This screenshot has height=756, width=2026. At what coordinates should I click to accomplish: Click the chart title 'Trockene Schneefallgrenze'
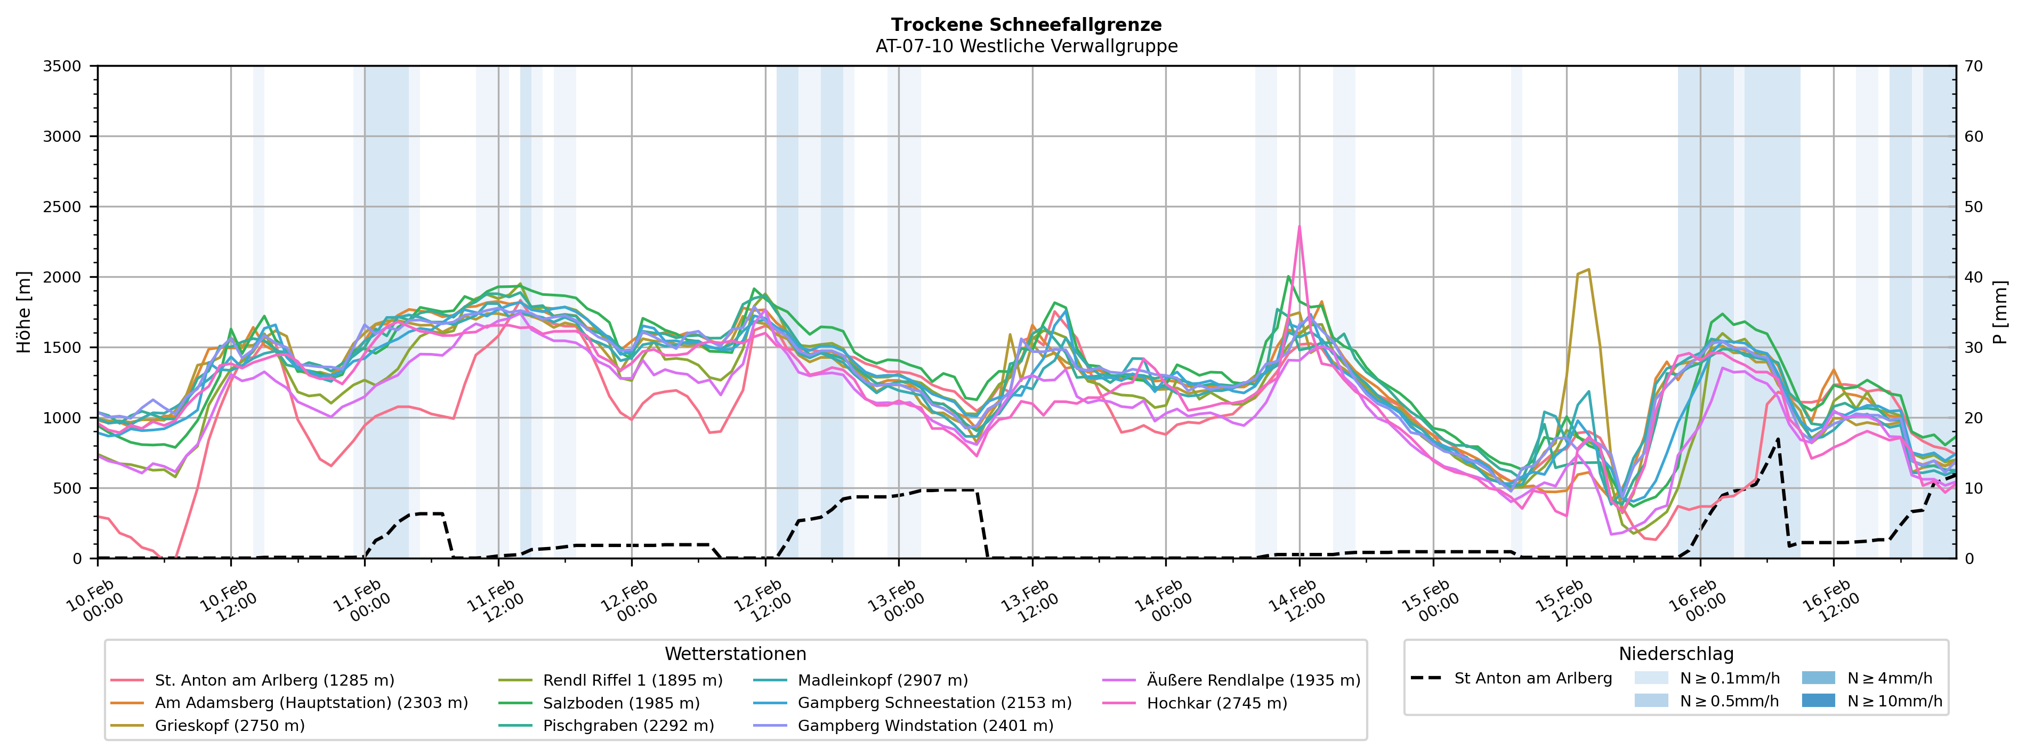pyautogui.click(x=1027, y=25)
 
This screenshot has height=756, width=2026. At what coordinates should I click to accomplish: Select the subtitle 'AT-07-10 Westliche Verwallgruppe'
pyautogui.click(x=1027, y=46)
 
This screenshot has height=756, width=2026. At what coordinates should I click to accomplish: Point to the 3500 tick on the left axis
pyautogui.click(x=62, y=67)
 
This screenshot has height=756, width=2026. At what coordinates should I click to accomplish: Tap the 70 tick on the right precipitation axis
pyautogui.click(x=1973, y=67)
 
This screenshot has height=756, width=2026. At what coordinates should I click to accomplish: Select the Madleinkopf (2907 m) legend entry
pyautogui.click(x=883, y=680)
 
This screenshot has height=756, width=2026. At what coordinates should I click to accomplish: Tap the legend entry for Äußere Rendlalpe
pyautogui.click(x=1253, y=680)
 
